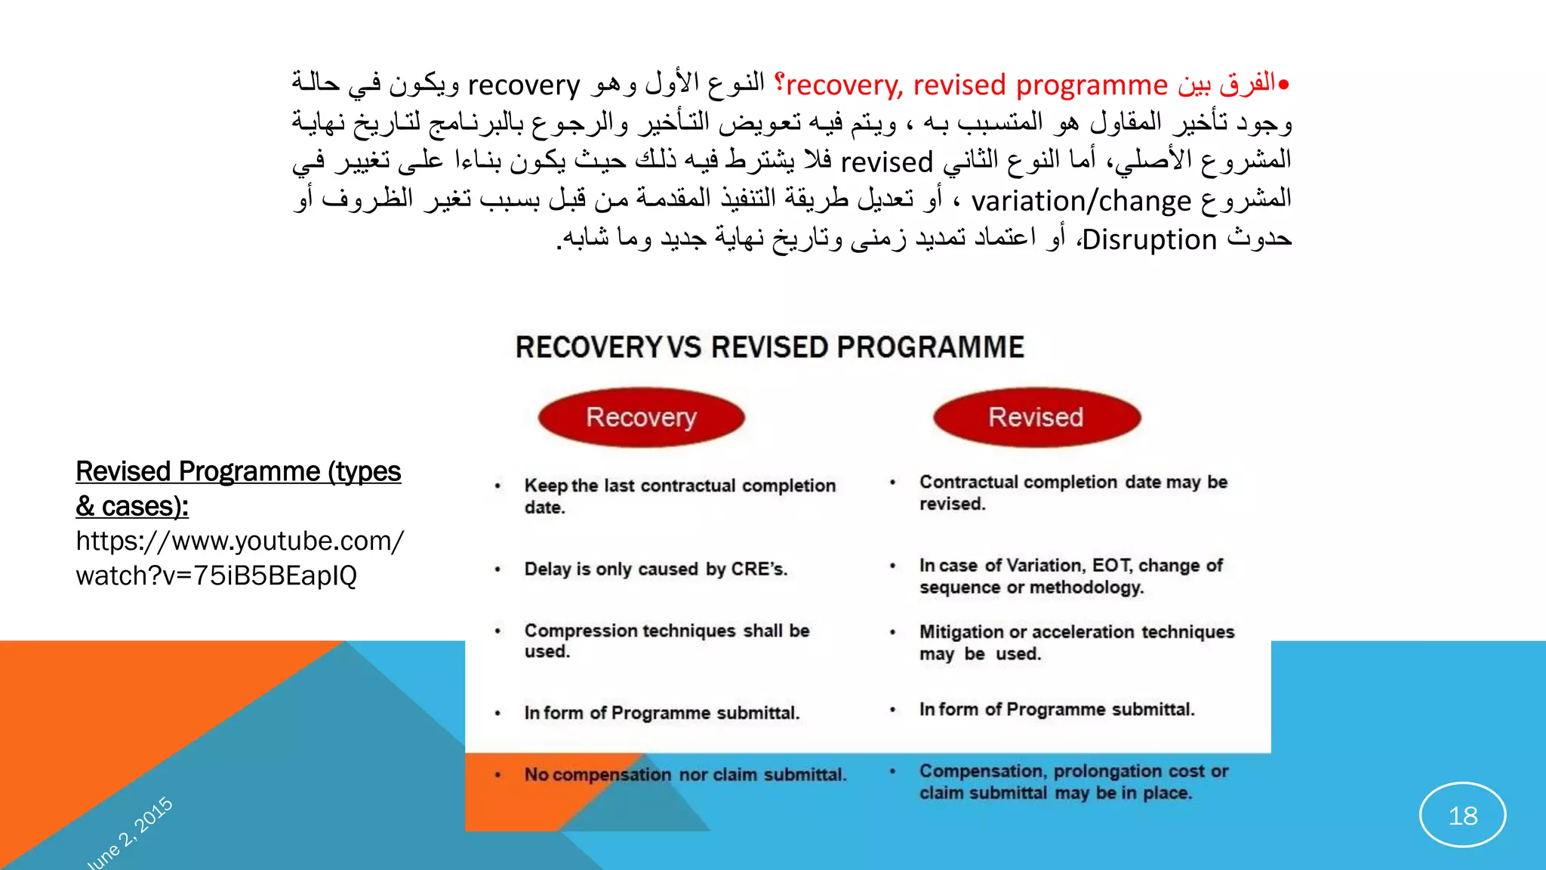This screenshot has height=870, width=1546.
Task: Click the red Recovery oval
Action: click(x=641, y=417)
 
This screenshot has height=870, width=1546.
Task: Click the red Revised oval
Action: click(x=1036, y=417)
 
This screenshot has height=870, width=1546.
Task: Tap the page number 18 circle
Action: click(x=1462, y=815)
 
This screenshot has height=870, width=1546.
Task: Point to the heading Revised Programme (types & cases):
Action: click(x=238, y=488)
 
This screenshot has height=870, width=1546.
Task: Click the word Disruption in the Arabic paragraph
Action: click(x=1149, y=240)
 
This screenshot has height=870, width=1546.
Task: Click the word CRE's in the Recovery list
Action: click(x=759, y=569)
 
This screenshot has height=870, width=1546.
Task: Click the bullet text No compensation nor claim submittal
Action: click(x=685, y=775)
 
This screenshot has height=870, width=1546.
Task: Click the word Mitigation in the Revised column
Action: click(x=961, y=632)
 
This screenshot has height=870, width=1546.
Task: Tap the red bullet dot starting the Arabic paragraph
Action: click(x=1283, y=85)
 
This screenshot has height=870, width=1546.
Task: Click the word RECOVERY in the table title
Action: click(x=589, y=347)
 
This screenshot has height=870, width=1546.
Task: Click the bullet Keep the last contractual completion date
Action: click(x=679, y=495)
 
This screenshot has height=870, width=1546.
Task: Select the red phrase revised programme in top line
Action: click(x=1040, y=85)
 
